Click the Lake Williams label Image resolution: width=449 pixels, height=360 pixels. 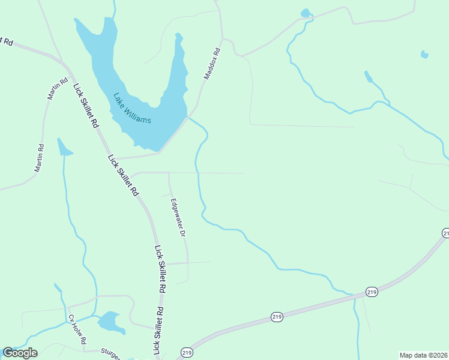pos(132,108)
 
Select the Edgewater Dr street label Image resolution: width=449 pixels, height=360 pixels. pos(178,217)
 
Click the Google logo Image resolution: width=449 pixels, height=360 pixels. pos(20,353)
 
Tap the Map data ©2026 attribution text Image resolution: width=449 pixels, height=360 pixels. pos(423,355)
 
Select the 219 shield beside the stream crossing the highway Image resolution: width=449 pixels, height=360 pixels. pos(372,292)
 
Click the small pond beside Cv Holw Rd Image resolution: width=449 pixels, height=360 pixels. pos(110,322)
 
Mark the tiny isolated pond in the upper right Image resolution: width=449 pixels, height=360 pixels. pos(425,55)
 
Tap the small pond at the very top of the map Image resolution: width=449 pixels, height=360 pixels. pos(306,13)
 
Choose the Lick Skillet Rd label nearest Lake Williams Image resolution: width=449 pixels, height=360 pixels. pos(86,106)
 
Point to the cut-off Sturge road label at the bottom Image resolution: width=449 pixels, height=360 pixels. pos(111,353)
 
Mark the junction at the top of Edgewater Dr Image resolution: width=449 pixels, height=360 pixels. pos(169,173)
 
